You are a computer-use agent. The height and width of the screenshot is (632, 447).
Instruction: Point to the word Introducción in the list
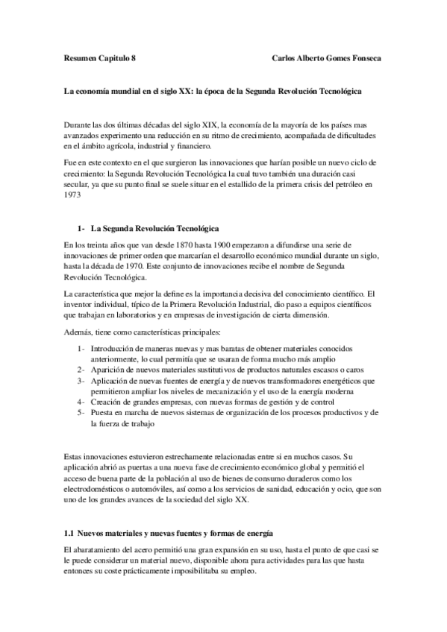click(x=113, y=348)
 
